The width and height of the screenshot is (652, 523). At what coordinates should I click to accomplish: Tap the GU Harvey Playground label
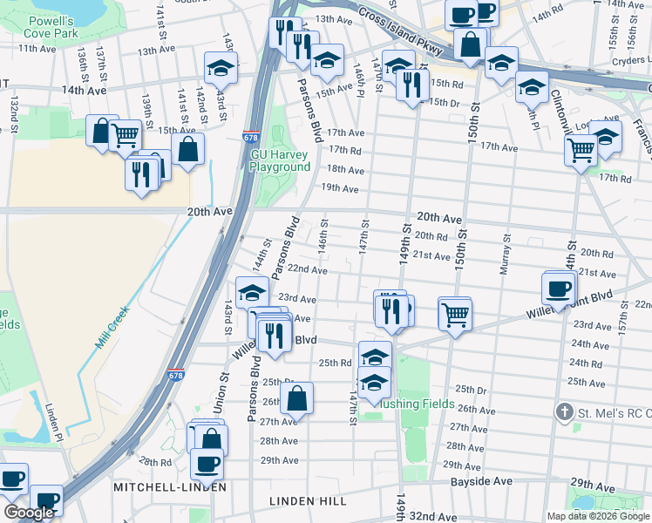[x=280, y=160]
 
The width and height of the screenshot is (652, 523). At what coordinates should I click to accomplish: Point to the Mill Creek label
[x=112, y=328]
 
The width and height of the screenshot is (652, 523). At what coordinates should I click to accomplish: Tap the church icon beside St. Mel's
[x=565, y=411]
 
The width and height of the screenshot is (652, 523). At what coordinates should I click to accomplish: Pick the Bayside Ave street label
[x=481, y=481]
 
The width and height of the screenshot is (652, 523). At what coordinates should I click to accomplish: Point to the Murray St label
[x=504, y=254]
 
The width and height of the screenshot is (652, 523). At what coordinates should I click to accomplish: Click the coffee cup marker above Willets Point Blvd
[x=558, y=287]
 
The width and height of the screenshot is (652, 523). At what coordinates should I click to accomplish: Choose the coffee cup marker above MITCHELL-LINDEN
[x=207, y=463]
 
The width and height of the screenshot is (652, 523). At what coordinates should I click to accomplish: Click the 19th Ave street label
[x=340, y=188]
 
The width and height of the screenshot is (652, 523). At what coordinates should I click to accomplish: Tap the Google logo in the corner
[x=30, y=513]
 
